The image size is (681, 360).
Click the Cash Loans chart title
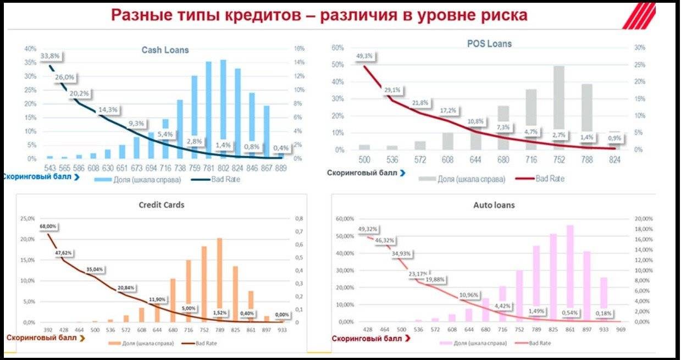(x=165, y=50)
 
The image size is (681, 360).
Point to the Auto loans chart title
(x=494, y=206)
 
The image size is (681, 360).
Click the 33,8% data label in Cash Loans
(x=51, y=56)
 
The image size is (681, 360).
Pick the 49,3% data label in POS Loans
(x=365, y=56)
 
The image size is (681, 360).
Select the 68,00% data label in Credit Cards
(x=48, y=226)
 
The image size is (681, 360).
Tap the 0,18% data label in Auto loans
(x=604, y=314)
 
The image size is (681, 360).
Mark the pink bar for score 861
(x=570, y=273)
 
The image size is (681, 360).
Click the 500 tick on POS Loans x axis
(x=364, y=159)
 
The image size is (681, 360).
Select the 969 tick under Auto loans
(x=620, y=330)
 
